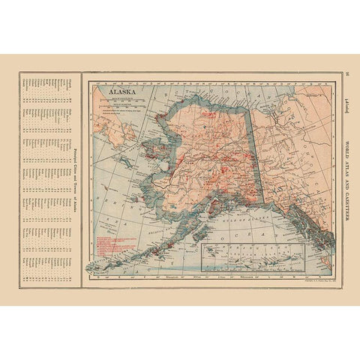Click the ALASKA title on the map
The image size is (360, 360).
[x=122, y=95]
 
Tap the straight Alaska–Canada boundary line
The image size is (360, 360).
[x=256, y=150]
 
